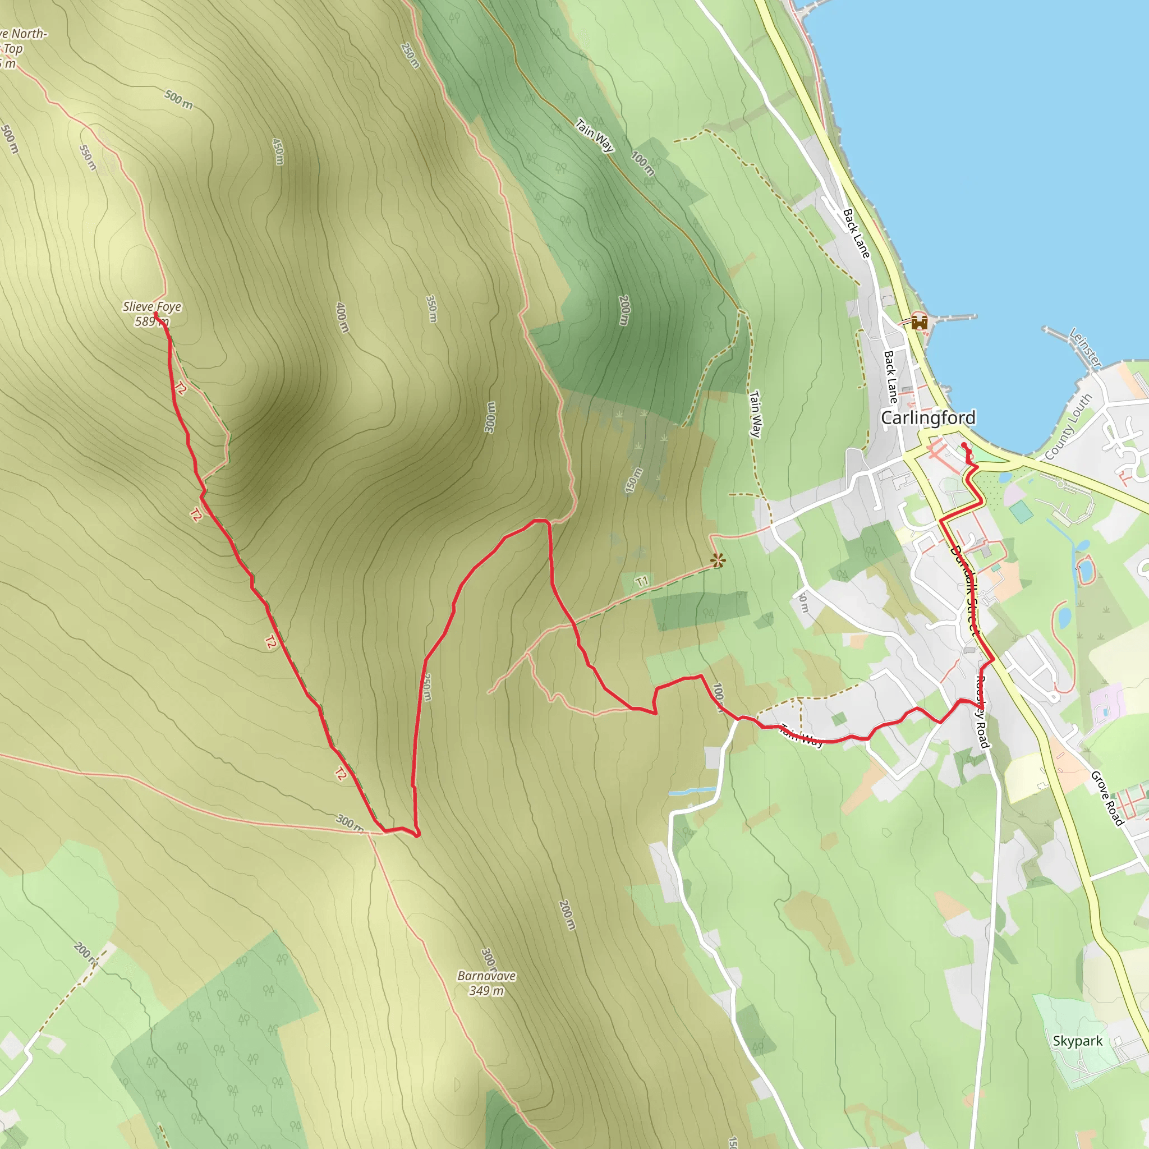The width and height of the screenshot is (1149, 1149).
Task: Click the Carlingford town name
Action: click(x=928, y=417)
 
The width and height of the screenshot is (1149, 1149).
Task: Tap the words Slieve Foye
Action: click(x=151, y=307)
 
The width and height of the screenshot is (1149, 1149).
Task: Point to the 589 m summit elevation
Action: click(x=151, y=321)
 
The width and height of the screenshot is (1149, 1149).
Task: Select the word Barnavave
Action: click(x=486, y=976)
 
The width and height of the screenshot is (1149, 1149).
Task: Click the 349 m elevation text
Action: click(x=486, y=991)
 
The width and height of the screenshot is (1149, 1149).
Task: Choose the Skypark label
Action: click(x=1077, y=1041)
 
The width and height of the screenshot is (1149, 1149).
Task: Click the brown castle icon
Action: click(x=920, y=323)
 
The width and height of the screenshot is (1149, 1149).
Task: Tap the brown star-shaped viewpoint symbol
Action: click(x=718, y=560)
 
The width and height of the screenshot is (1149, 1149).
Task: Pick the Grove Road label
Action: click(x=1107, y=799)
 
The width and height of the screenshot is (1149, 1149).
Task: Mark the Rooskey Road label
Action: click(x=981, y=712)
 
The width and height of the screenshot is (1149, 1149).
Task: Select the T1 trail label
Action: click(x=642, y=582)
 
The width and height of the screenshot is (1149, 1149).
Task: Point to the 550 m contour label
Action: click(x=88, y=158)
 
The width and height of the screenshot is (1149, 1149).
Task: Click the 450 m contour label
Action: click(x=278, y=151)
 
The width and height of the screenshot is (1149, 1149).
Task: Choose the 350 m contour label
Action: click(x=432, y=309)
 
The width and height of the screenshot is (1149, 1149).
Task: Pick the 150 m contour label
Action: click(x=633, y=481)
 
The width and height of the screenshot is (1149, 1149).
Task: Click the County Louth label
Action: click(x=1068, y=426)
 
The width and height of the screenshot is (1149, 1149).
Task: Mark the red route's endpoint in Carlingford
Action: click(x=963, y=445)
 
